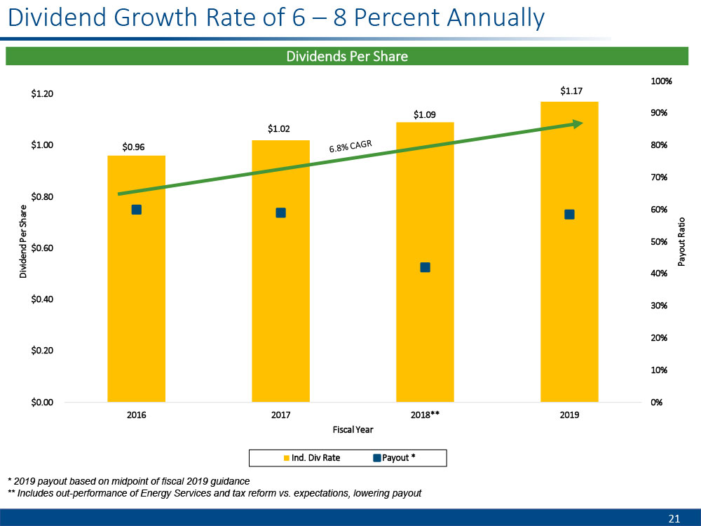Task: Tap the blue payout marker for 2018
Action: (425, 267)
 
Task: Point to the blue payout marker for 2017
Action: (280, 213)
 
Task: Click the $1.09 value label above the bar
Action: (425, 114)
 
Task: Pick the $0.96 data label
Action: (134, 147)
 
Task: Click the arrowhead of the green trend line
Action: (578, 124)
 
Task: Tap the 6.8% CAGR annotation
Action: (350, 147)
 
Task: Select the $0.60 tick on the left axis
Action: (43, 248)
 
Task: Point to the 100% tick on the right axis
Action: (661, 81)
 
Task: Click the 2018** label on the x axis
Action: (425, 415)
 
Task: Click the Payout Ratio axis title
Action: (681, 242)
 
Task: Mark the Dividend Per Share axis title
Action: (23, 242)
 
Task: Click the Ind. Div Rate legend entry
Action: (311, 459)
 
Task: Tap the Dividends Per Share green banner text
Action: (346, 56)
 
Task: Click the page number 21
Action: (674, 519)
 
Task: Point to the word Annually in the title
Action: (498, 18)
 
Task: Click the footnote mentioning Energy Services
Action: (215, 493)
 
